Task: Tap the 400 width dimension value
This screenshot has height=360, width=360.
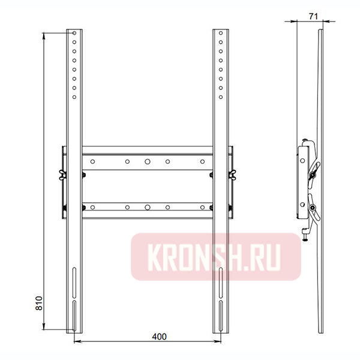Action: click(159, 337)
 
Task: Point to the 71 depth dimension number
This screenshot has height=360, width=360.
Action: click(313, 17)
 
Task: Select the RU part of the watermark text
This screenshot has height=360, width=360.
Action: click(270, 256)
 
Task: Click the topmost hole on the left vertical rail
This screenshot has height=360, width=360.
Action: click(74, 33)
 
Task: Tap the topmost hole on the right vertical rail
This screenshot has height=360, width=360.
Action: click(221, 33)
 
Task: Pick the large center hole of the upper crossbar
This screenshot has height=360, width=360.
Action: click(148, 161)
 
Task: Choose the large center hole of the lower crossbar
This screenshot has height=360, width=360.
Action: click(148, 208)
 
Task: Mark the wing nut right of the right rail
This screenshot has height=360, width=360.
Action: click(233, 175)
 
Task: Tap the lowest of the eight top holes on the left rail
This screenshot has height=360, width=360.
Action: click(74, 97)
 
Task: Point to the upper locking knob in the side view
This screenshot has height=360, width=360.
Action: click(313, 175)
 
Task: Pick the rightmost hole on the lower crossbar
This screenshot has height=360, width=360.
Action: click(202, 208)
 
